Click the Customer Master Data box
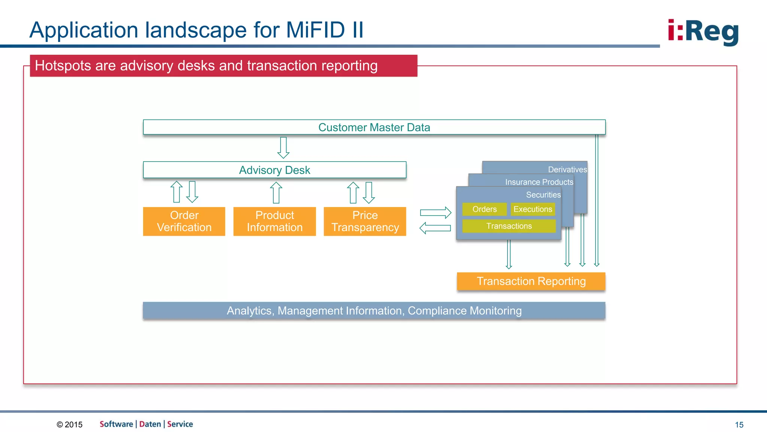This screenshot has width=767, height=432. point(374,127)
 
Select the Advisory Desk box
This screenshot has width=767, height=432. point(275,170)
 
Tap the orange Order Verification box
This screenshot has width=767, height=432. point(184,221)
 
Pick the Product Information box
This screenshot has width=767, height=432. point(275,221)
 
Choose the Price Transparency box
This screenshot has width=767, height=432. point(365,221)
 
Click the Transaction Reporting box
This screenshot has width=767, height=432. point(531,281)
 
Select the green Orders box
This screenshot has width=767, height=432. point(484,209)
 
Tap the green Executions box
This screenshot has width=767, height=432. point(533,209)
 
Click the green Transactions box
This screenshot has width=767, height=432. point(509,226)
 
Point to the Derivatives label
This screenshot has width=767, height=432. point(567,169)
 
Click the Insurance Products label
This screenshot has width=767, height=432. point(539,182)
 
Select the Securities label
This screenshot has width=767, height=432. point(543,195)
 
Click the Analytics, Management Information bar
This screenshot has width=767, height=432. point(374,310)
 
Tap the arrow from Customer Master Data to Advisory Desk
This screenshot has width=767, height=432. point(284,147)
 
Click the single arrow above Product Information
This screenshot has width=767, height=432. point(276,192)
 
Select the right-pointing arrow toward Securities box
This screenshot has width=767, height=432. point(436,213)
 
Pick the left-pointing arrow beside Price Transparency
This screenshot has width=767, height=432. point(435,228)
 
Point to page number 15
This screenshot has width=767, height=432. point(739,424)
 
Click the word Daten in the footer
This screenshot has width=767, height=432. point(150,424)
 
